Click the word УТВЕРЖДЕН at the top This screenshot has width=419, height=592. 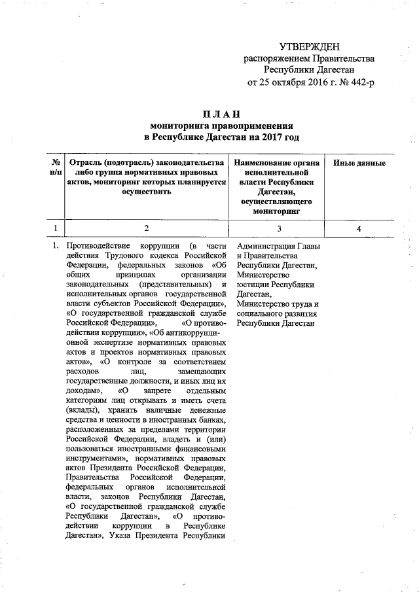click(x=309, y=47)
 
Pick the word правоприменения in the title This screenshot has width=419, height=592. click(x=256, y=126)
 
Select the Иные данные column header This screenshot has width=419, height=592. click(x=359, y=164)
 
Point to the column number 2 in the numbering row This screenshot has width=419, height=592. click(x=147, y=228)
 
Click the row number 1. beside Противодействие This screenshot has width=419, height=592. click(x=56, y=246)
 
